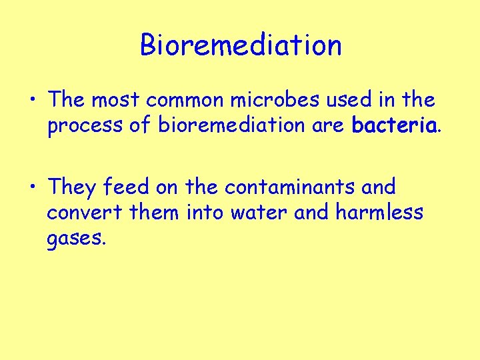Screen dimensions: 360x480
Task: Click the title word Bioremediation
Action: [x=241, y=45]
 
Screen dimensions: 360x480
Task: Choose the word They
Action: [x=72, y=187]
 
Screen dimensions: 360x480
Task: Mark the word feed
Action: [x=127, y=187]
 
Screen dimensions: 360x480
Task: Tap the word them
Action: [x=155, y=212]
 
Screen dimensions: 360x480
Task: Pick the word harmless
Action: [x=379, y=212]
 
